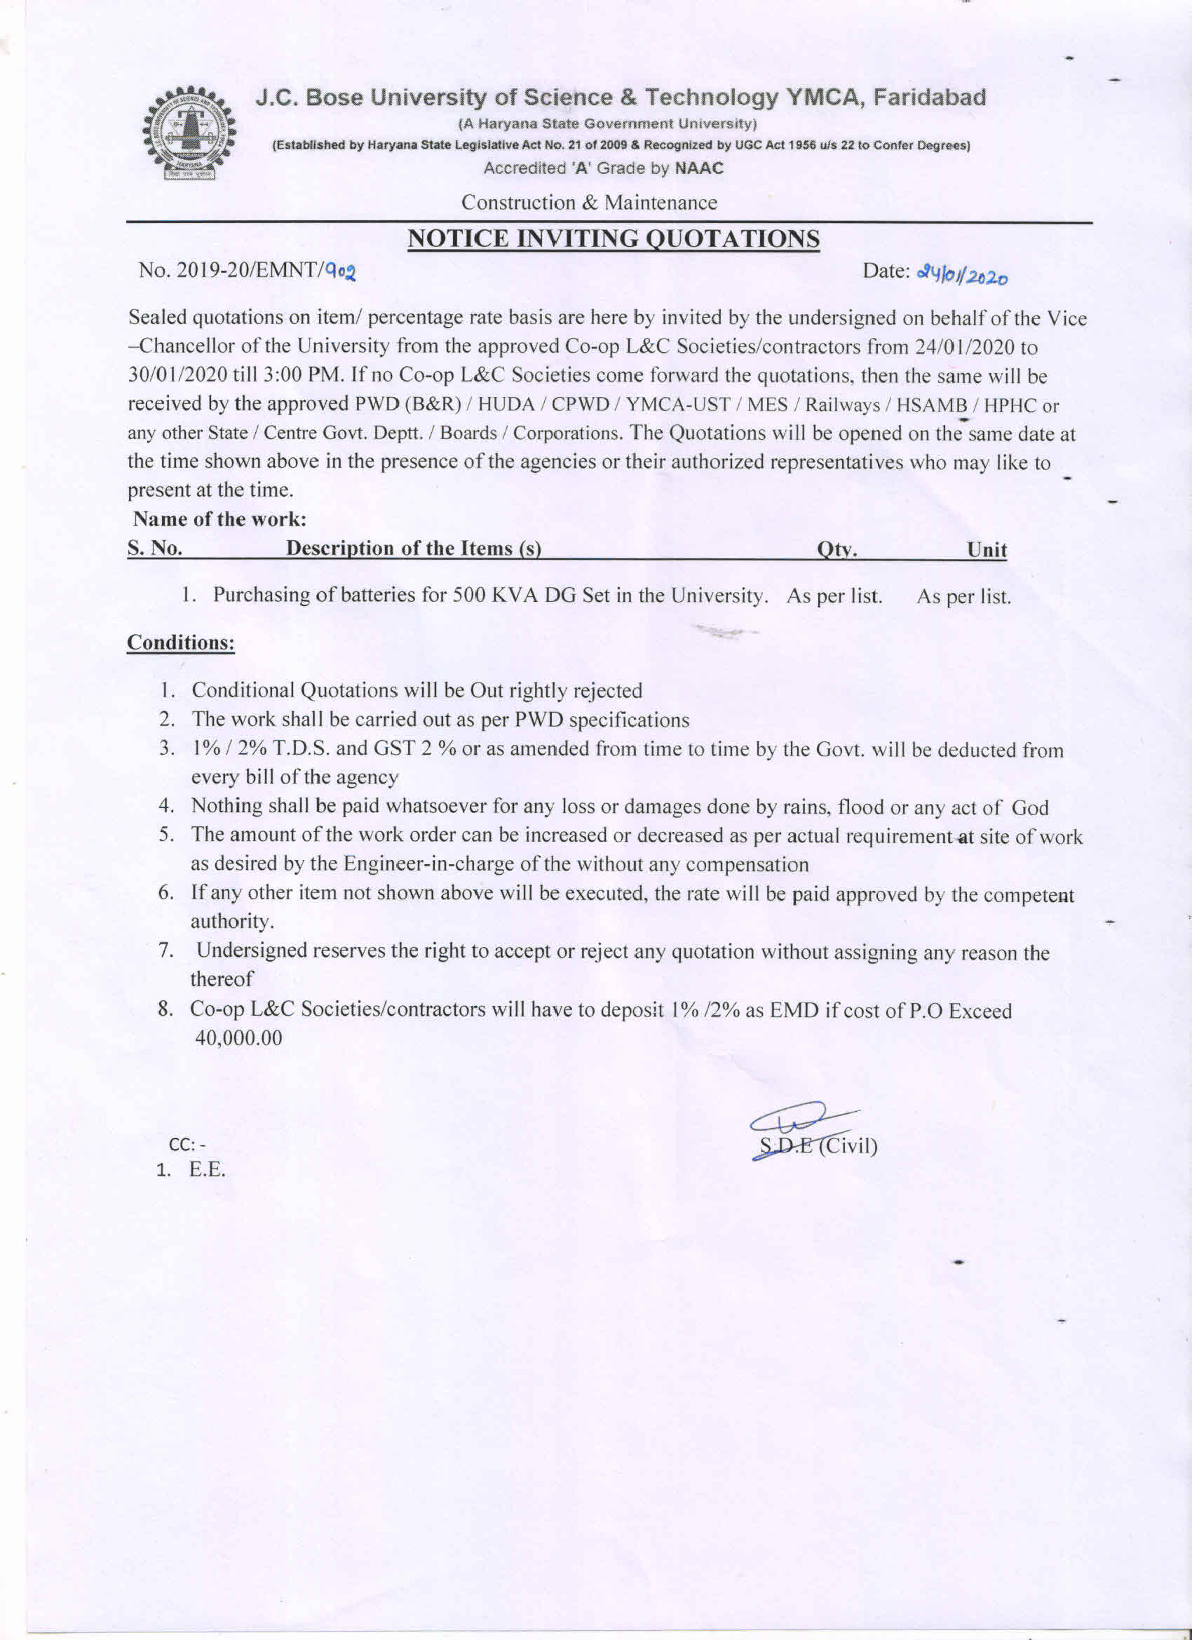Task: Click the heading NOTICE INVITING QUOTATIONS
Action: coord(613,238)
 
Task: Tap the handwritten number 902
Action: coord(341,272)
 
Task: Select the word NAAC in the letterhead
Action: coord(698,168)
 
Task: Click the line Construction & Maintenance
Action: coord(589,203)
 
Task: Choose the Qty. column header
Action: coord(837,550)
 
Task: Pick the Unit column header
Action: coord(987,550)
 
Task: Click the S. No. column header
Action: coord(155,549)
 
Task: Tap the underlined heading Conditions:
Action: coord(181,643)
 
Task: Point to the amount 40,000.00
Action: coord(238,1038)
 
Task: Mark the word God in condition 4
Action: coord(1029,807)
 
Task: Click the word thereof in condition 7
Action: coord(221,979)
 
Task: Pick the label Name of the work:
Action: coord(219,519)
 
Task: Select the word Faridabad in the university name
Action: coord(929,97)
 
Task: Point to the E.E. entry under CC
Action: coord(208,1170)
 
